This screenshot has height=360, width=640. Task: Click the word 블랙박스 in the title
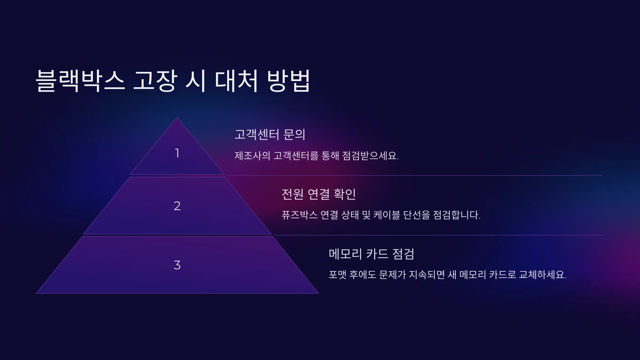(x=80, y=81)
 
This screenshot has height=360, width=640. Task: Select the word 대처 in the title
(x=237, y=81)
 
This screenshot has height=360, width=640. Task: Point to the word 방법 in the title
(x=289, y=81)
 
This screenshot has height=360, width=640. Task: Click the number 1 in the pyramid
(x=177, y=153)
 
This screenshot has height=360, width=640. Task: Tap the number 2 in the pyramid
(x=177, y=206)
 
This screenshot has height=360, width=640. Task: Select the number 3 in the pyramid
(x=177, y=265)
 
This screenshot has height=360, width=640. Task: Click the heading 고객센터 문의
(x=270, y=134)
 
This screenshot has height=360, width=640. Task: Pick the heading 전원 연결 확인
(x=319, y=194)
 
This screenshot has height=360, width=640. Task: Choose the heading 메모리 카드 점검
(x=371, y=254)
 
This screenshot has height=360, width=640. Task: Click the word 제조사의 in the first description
(x=252, y=155)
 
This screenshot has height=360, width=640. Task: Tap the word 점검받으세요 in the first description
(x=370, y=155)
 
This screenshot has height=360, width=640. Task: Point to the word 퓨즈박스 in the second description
(x=299, y=215)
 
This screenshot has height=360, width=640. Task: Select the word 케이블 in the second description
(x=387, y=215)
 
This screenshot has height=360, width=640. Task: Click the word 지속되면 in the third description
(x=427, y=275)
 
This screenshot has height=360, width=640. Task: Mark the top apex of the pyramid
(x=177, y=117)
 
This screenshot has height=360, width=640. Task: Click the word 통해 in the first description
(x=330, y=155)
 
